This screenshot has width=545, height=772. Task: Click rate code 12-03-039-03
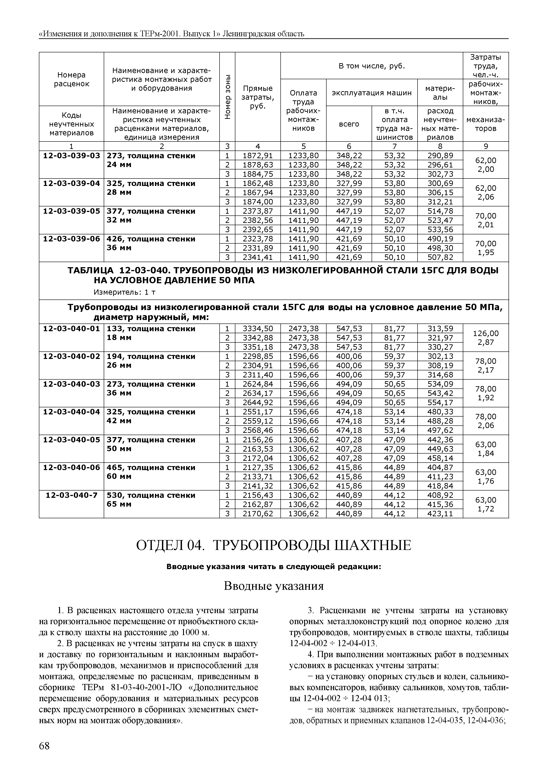click(x=71, y=156)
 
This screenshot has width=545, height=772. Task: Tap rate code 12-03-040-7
click(x=71, y=495)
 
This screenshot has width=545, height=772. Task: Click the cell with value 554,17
click(x=440, y=403)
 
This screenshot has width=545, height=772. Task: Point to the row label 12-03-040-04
click(x=71, y=412)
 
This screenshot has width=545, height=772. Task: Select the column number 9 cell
click(x=486, y=146)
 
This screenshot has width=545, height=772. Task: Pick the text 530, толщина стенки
click(x=151, y=495)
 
